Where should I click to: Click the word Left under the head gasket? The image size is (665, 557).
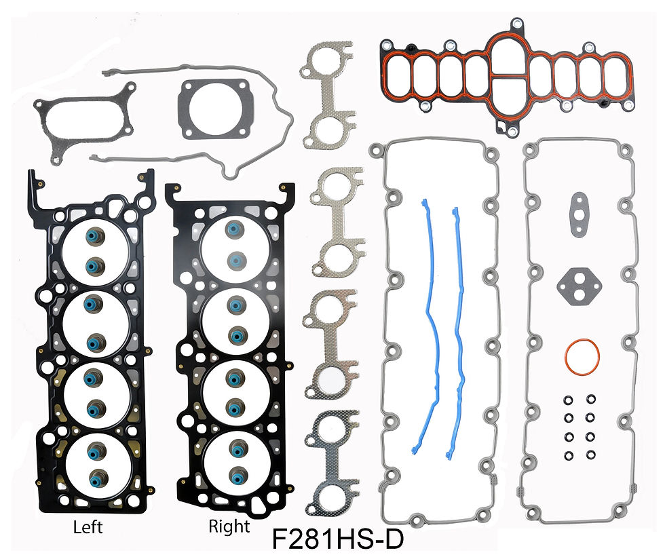pyautogui.click(x=88, y=527)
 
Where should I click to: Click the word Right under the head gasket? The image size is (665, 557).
pyautogui.click(x=229, y=527)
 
